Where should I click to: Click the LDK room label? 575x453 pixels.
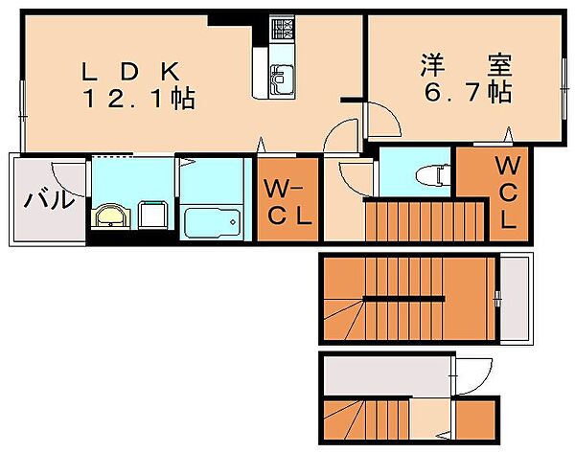click(131, 72)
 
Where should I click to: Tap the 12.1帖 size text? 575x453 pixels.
click(139, 98)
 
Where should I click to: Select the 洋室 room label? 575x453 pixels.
click(466, 65)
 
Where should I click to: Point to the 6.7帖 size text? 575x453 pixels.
click(468, 92)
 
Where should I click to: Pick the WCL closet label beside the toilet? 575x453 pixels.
click(508, 192)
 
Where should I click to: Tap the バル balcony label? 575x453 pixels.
click(48, 200)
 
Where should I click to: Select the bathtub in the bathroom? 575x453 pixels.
click(213, 222)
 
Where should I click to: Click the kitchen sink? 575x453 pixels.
click(281, 79)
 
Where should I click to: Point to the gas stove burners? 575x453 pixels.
click(282, 29)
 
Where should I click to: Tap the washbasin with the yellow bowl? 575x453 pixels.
click(111, 217)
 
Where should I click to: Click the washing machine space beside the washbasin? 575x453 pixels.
click(153, 215)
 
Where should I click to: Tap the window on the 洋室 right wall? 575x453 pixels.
click(564, 88)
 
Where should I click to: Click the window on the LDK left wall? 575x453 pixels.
click(23, 117)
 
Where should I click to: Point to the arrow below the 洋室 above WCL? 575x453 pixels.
click(508, 134)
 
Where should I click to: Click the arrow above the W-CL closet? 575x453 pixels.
click(261, 145)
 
